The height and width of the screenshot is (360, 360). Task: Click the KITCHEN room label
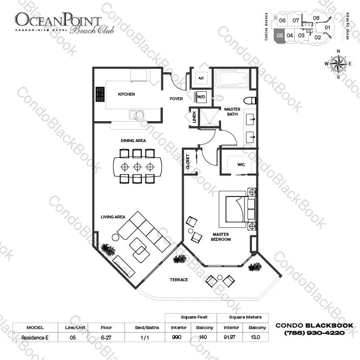click(x=126, y=94)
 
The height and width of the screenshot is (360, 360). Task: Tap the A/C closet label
click(x=201, y=78)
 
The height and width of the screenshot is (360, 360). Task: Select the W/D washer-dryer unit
click(x=200, y=97)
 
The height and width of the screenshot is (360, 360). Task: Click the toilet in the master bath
click(x=250, y=100)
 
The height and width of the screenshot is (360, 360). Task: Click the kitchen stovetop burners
click(x=100, y=94)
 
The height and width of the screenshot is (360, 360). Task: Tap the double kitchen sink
click(x=136, y=115)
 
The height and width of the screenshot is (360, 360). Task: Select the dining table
click(x=137, y=167)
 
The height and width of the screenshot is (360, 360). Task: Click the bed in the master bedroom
click(x=237, y=209)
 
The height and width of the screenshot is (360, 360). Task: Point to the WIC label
click(x=241, y=165)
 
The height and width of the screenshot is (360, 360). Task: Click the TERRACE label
click(x=179, y=280)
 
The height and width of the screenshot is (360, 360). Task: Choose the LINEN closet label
click(x=195, y=117)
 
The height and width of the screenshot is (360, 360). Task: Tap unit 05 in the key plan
click(x=280, y=35)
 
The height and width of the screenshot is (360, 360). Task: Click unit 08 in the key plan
click(x=316, y=18)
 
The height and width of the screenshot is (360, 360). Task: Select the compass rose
click(x=338, y=64)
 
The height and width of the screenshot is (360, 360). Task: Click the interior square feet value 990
click(x=177, y=337)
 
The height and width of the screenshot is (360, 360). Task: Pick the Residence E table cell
click(x=35, y=338)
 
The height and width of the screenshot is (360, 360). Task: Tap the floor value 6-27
click(x=106, y=338)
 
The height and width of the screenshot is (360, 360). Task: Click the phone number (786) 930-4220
click(x=314, y=333)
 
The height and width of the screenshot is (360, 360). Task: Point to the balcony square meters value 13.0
click(x=255, y=337)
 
